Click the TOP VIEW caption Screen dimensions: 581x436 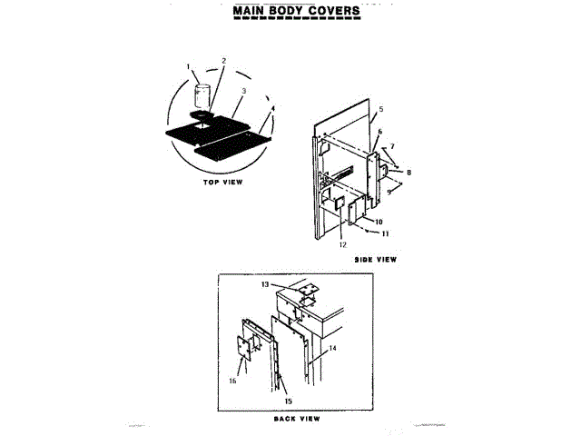(222, 183)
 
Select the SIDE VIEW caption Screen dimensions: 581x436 (376, 260)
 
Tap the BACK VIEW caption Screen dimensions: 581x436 (296, 420)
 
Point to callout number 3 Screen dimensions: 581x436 (244, 91)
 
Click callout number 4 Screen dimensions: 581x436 (272, 108)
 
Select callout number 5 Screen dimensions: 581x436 (381, 108)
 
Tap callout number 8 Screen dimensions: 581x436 (409, 171)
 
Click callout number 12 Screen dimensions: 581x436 (342, 244)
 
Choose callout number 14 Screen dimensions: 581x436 (333, 348)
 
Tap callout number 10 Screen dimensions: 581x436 (378, 222)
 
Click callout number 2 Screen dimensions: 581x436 (224, 61)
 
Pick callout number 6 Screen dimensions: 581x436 (380, 132)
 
